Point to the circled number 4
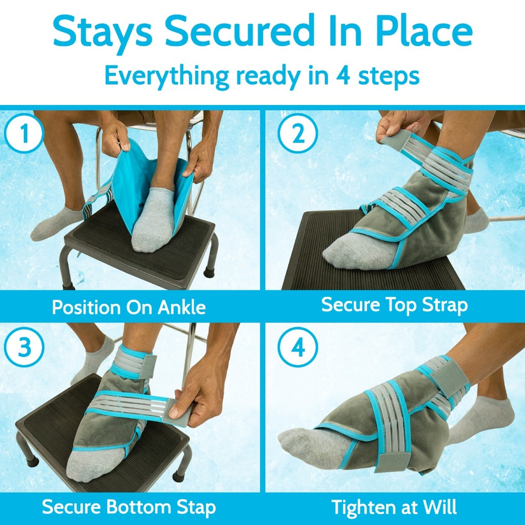[298, 348]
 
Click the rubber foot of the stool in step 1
[209, 272]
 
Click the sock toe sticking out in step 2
[341, 254]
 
